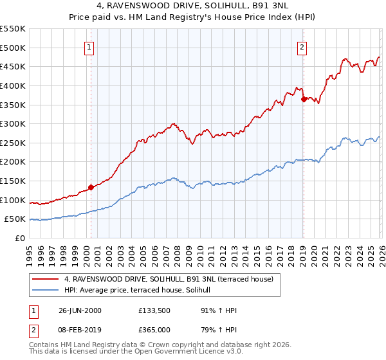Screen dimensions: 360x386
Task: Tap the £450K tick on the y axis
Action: (13, 66)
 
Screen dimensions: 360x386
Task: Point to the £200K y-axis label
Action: (13, 162)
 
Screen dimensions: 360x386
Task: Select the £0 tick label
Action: (19, 238)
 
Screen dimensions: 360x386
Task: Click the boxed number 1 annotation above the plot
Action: (89, 46)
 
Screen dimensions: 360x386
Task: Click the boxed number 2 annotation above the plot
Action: (302, 46)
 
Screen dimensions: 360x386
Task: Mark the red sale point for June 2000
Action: (91, 188)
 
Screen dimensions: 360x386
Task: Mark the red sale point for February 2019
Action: (304, 98)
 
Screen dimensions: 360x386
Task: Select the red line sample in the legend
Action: (46, 279)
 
